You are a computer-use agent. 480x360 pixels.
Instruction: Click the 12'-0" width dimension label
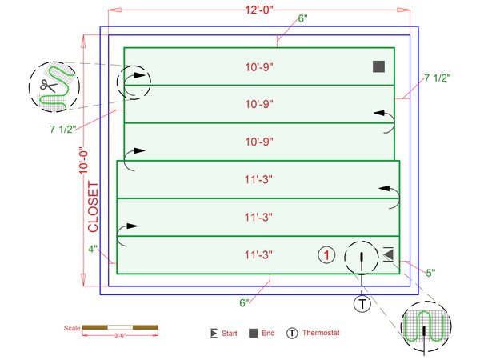259,10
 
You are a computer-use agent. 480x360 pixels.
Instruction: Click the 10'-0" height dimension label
83,162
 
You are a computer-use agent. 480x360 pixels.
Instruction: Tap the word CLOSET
93,206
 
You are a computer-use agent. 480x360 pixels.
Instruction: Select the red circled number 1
326,255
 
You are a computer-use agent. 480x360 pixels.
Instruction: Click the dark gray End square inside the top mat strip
378,66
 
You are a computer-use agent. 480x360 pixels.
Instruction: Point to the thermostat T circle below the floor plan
362,304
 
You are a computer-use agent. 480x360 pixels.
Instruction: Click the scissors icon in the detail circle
49,86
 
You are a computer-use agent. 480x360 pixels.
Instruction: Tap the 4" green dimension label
93,249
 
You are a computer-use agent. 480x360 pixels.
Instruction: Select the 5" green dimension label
430,273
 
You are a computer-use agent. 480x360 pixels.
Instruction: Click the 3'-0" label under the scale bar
120,335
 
